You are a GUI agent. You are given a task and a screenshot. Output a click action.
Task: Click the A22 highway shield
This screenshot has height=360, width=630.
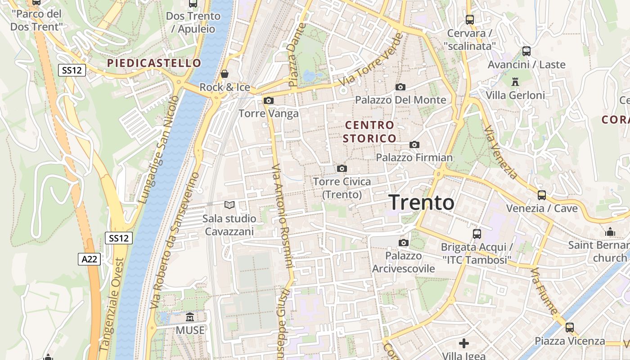(x=89, y=259)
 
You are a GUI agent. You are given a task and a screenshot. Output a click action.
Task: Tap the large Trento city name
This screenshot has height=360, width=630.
(x=421, y=202)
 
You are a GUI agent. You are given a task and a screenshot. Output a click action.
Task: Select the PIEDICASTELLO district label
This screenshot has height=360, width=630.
(x=154, y=63)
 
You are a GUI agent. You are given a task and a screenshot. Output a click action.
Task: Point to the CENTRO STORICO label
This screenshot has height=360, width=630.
(x=369, y=131)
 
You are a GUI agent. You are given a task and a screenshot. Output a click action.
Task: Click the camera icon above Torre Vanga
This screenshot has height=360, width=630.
(x=269, y=100)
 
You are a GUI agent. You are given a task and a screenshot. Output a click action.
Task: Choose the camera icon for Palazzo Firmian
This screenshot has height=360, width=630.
(x=414, y=144)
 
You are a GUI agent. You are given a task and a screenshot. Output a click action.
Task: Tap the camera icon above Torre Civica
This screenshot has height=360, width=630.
(x=342, y=168)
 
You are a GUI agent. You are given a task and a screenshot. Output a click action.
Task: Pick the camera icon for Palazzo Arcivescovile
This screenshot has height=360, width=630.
(x=404, y=243)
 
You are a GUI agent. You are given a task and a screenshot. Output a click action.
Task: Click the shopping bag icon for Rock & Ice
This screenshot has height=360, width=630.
(x=225, y=73)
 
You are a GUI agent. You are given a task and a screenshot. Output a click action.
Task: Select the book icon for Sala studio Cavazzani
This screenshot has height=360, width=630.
(x=229, y=205)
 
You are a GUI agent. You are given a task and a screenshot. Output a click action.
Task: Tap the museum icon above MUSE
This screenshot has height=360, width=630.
(x=190, y=317)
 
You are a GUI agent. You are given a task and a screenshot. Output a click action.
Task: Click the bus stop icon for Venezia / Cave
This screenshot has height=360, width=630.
(x=542, y=195)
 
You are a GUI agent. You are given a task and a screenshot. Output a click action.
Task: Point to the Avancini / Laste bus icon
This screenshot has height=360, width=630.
(x=526, y=51)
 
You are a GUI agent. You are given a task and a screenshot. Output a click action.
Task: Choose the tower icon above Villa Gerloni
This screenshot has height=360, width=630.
(x=515, y=82)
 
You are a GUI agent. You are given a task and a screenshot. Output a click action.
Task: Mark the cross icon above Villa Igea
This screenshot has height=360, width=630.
(x=464, y=343)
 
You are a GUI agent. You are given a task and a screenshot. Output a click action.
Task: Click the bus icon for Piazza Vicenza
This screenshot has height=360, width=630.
(x=570, y=328)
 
